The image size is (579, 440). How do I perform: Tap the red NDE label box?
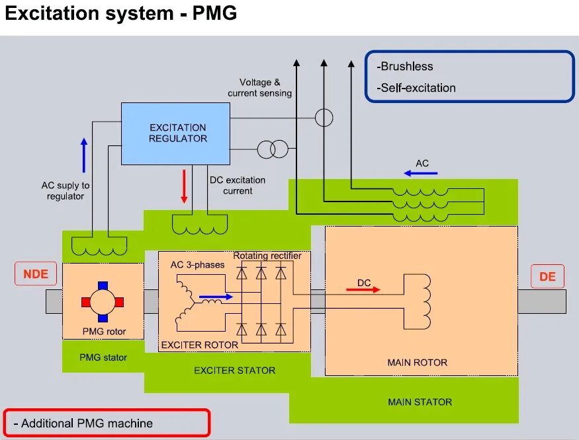36,274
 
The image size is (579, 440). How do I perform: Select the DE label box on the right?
547,277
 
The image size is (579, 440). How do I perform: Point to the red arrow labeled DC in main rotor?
363,289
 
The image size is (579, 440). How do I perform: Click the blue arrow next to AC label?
421,173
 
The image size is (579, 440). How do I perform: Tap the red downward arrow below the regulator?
184,187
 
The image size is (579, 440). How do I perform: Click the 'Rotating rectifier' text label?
267,256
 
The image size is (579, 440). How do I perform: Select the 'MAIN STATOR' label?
420,402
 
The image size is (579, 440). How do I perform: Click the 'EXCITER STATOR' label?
234,371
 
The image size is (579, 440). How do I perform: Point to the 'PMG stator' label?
103,357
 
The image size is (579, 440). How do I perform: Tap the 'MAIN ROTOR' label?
417,362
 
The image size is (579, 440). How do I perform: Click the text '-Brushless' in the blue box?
405,67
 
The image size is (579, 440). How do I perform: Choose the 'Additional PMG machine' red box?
107,423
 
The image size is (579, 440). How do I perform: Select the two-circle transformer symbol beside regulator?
273,149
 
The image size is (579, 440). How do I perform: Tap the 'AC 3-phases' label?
197,265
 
